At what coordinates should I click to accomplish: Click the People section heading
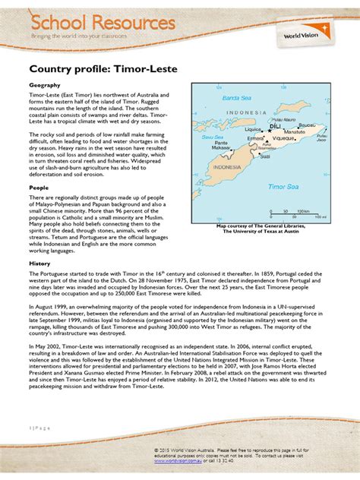[39, 186]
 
